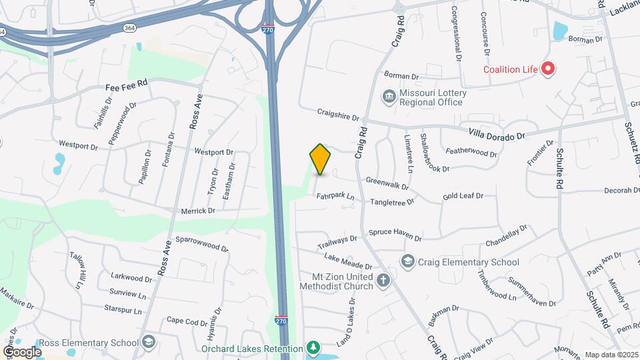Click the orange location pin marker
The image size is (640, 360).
point(321,159)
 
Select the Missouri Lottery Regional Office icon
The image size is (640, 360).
point(388,97)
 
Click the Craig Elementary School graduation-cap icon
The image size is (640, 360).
point(407,261)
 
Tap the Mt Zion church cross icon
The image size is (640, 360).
point(383,280)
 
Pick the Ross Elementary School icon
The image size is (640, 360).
point(149,343)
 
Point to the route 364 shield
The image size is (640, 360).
point(129,27)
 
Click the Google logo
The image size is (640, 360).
point(22,351)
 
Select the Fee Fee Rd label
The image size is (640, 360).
point(126,87)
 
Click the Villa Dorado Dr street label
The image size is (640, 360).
point(497,134)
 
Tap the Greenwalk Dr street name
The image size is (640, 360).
point(387,181)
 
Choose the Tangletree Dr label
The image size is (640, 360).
point(393,200)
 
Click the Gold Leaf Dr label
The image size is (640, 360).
point(462,197)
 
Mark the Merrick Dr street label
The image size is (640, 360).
point(198,211)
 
